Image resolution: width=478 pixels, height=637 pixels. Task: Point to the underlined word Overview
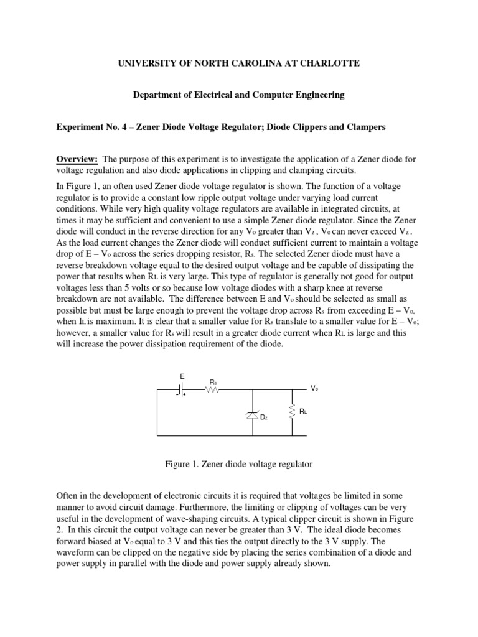78,160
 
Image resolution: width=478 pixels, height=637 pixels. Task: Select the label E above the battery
182,376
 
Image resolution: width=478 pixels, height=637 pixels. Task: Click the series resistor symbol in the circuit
213,391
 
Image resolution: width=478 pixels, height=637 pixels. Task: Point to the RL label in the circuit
303,412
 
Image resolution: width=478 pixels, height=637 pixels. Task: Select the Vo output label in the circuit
314,388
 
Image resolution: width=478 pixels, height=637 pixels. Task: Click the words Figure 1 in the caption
182,464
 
